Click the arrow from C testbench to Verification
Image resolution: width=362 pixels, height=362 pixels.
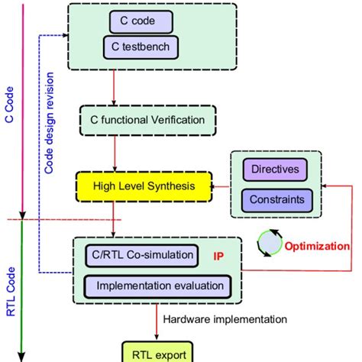click(113, 85)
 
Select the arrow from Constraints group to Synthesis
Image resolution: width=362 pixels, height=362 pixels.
click(224, 185)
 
